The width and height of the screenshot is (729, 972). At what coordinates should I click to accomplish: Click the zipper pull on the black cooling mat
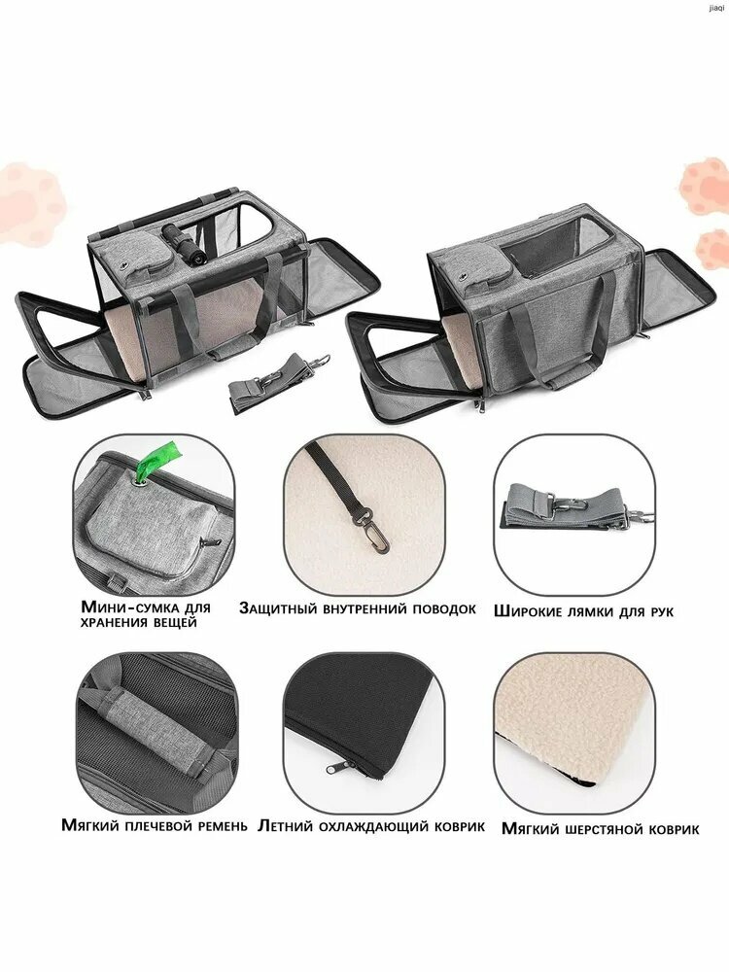point(334,768)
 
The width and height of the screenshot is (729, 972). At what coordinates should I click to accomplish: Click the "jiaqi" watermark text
point(715,8)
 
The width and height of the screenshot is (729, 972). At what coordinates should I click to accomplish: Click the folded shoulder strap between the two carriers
point(275,380)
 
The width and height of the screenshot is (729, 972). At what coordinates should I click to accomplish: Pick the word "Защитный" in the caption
point(278,608)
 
